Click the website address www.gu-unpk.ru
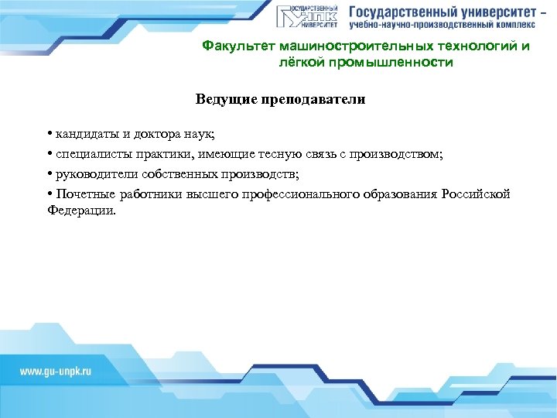[56, 372]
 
